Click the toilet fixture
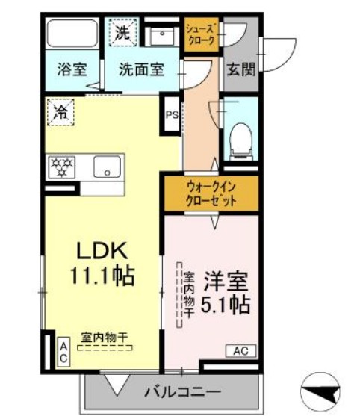coord(240,139)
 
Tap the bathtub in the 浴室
coord(69,34)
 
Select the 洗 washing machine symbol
coord(121,32)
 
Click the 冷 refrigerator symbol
coord(59,112)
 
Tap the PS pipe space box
coord(172,114)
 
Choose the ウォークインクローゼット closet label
coord(211,193)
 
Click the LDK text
coord(102,250)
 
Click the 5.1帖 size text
coord(226,305)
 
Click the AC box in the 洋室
coord(240,350)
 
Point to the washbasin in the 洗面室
coord(159,35)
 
